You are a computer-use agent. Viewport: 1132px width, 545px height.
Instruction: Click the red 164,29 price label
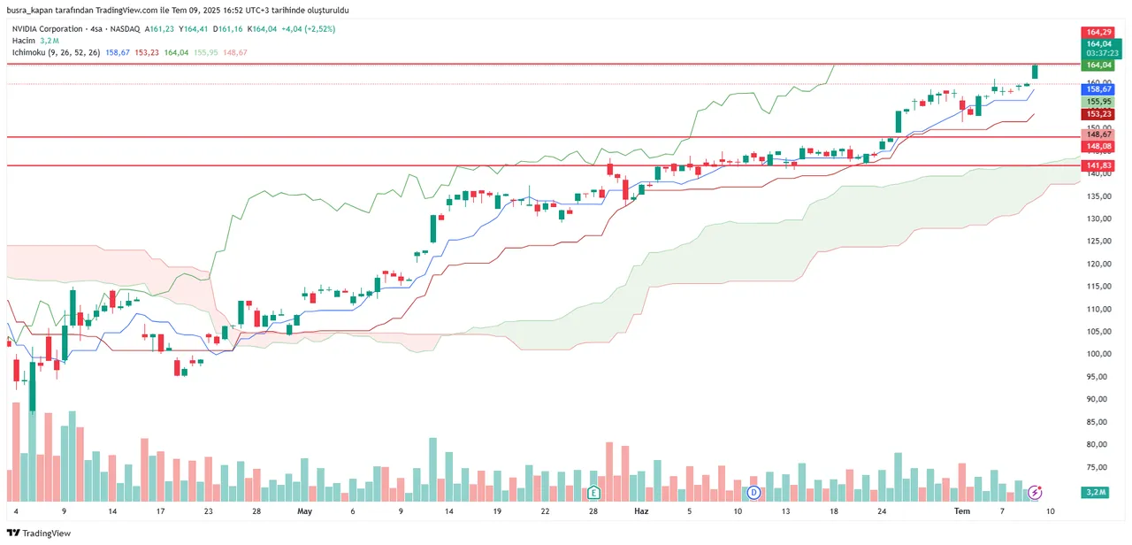[x=1098, y=33]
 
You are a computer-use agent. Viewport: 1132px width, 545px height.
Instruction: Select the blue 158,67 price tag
[x=1098, y=89]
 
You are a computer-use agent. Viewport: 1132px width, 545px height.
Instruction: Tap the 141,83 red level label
[x=1098, y=165]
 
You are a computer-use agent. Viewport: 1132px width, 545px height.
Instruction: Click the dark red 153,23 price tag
[x=1098, y=114]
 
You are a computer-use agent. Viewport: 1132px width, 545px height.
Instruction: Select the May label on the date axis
[x=305, y=511]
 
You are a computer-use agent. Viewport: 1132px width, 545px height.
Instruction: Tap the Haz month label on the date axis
[x=642, y=511]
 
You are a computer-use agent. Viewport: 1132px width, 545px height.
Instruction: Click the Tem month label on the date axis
[x=961, y=511]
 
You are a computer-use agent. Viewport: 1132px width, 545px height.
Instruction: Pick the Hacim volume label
[x=24, y=41]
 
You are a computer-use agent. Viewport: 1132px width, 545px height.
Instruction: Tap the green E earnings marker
[x=594, y=492]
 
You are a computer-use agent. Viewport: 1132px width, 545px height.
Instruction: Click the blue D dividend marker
[x=753, y=492]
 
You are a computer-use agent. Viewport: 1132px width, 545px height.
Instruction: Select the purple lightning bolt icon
[x=1034, y=492]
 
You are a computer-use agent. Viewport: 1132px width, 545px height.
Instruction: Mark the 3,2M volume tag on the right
[x=1098, y=492]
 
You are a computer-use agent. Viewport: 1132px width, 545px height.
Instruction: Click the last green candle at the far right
[x=1035, y=72]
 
